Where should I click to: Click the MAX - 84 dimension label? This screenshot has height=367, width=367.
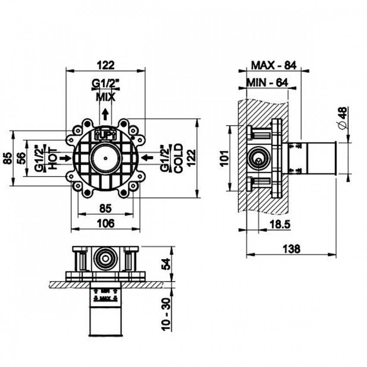[x=273, y=65]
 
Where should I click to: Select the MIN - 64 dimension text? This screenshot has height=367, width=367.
[x=267, y=82]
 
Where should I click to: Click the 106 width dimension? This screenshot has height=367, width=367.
[x=105, y=223]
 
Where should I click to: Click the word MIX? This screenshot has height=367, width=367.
[x=105, y=97]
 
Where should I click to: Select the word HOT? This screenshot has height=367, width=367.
[x=52, y=158]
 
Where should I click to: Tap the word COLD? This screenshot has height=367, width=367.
[x=178, y=158]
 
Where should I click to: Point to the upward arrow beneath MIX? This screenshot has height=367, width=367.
[x=105, y=115]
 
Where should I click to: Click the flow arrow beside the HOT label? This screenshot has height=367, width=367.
[x=66, y=158]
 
